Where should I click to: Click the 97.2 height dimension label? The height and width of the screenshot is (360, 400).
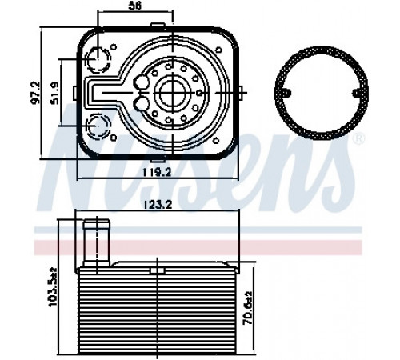click(35, 93)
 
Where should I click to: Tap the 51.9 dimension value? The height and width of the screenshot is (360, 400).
click(54, 93)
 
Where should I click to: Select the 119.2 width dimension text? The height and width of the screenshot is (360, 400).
click(157, 173)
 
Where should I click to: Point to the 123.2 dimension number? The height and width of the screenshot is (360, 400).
click(158, 205)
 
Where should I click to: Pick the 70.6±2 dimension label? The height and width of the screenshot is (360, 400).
click(248, 308)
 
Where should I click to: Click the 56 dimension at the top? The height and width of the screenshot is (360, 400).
click(135, 6)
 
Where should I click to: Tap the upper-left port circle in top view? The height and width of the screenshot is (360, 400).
click(98, 59)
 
